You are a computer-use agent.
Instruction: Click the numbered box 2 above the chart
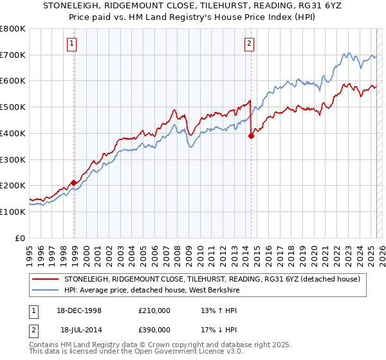(x=249, y=44)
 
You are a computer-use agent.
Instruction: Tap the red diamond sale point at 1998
(x=74, y=183)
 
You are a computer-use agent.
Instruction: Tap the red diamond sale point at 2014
(x=252, y=135)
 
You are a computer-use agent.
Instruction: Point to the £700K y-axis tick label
(x=12, y=55)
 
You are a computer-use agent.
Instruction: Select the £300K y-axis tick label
(x=12, y=159)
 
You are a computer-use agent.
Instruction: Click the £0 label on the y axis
(x=21, y=238)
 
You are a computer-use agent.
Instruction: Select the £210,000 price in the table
(x=155, y=310)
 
